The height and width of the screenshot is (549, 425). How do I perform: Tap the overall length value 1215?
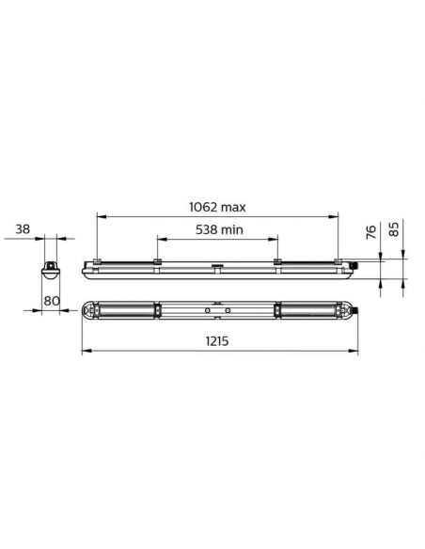220,342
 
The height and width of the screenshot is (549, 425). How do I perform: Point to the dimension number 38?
24,228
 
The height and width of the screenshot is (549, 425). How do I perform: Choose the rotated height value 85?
394,228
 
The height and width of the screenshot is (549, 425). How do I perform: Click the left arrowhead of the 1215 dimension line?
86,353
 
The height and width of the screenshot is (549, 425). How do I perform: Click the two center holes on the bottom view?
217,309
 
